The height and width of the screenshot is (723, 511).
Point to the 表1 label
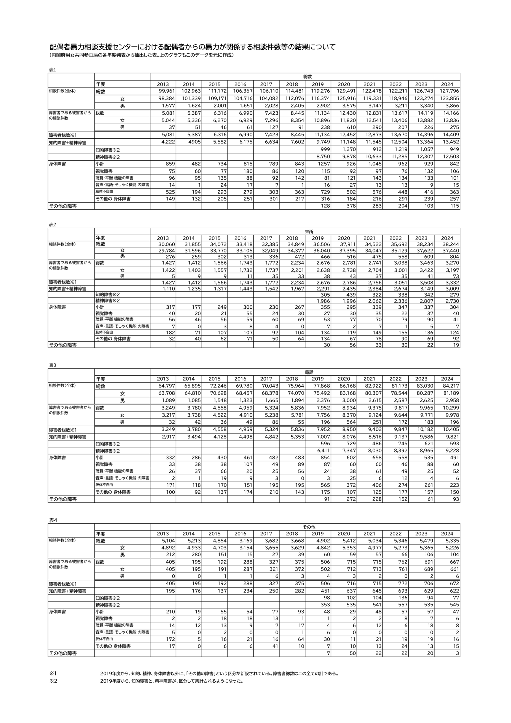tap(52, 70)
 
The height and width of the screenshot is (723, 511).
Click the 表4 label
tap(53, 520)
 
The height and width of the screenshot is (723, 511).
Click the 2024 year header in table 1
tap(447, 84)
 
